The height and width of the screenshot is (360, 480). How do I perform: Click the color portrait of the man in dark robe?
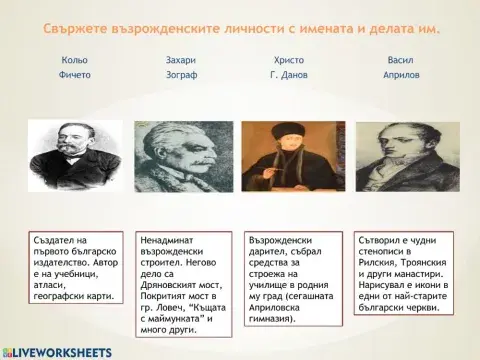pos(290,160)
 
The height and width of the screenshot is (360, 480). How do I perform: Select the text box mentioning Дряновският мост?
pos(181,281)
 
